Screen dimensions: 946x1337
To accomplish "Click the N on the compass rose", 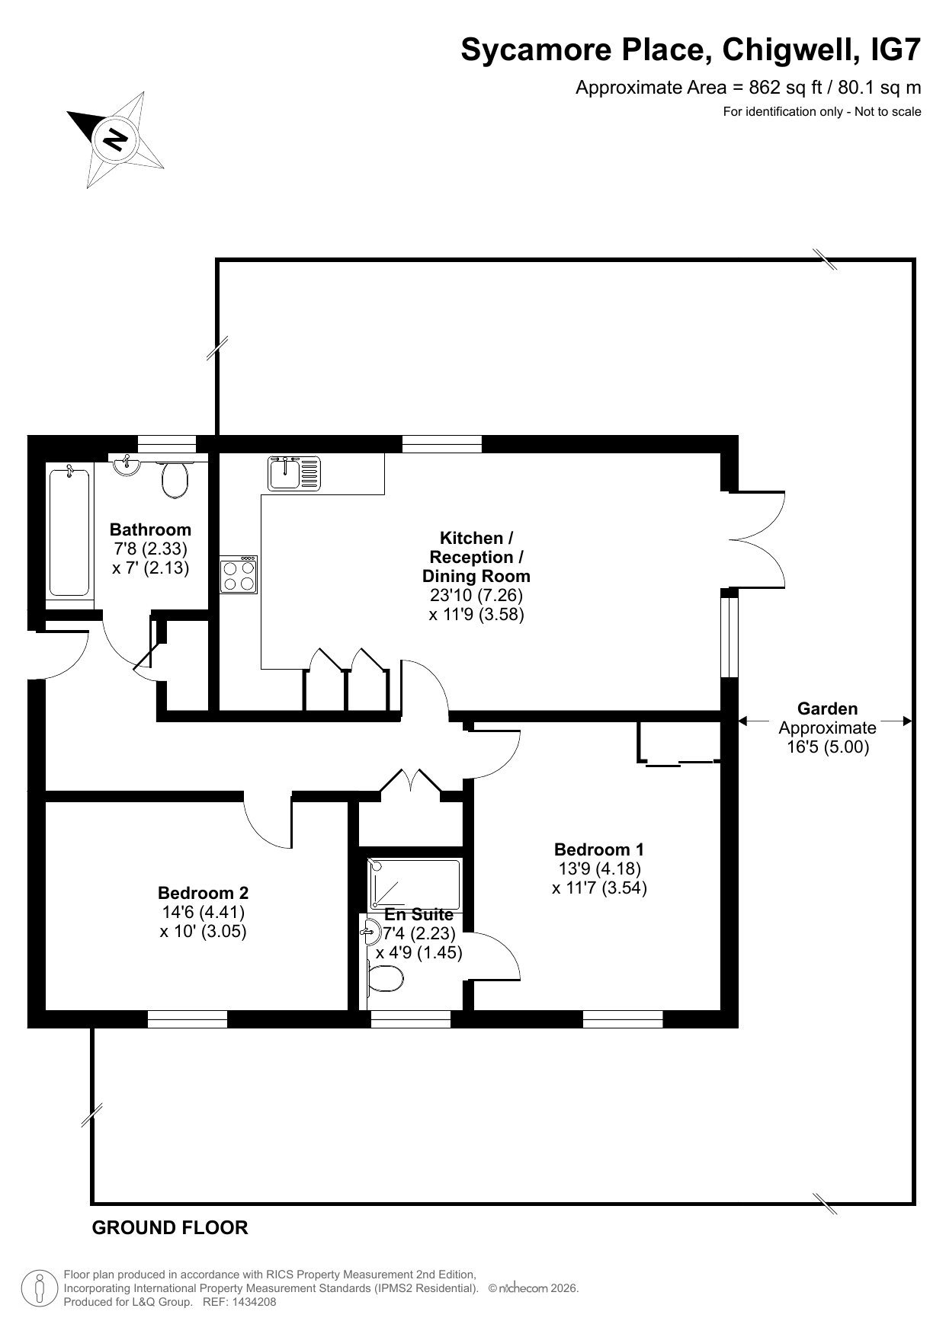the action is (x=116, y=139).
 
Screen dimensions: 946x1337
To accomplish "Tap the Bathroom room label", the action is (x=150, y=529).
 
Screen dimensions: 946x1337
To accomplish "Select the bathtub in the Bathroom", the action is (x=69, y=532).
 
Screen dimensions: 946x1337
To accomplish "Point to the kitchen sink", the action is (x=294, y=473).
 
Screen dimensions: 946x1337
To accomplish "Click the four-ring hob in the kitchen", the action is (x=238, y=574).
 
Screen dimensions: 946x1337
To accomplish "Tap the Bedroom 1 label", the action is (x=599, y=849).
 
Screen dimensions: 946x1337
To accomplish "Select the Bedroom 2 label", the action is (x=203, y=893).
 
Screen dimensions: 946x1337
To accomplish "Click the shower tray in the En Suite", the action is (x=415, y=884).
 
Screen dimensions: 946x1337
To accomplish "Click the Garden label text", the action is (x=827, y=708).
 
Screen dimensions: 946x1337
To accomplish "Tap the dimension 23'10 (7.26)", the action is (x=476, y=595).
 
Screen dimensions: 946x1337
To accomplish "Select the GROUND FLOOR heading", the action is (x=170, y=1228).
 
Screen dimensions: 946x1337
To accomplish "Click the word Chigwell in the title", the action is (x=787, y=50).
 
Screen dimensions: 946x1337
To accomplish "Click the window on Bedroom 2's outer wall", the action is (x=188, y=1019).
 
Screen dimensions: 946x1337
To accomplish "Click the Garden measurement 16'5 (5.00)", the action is (x=828, y=747).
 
